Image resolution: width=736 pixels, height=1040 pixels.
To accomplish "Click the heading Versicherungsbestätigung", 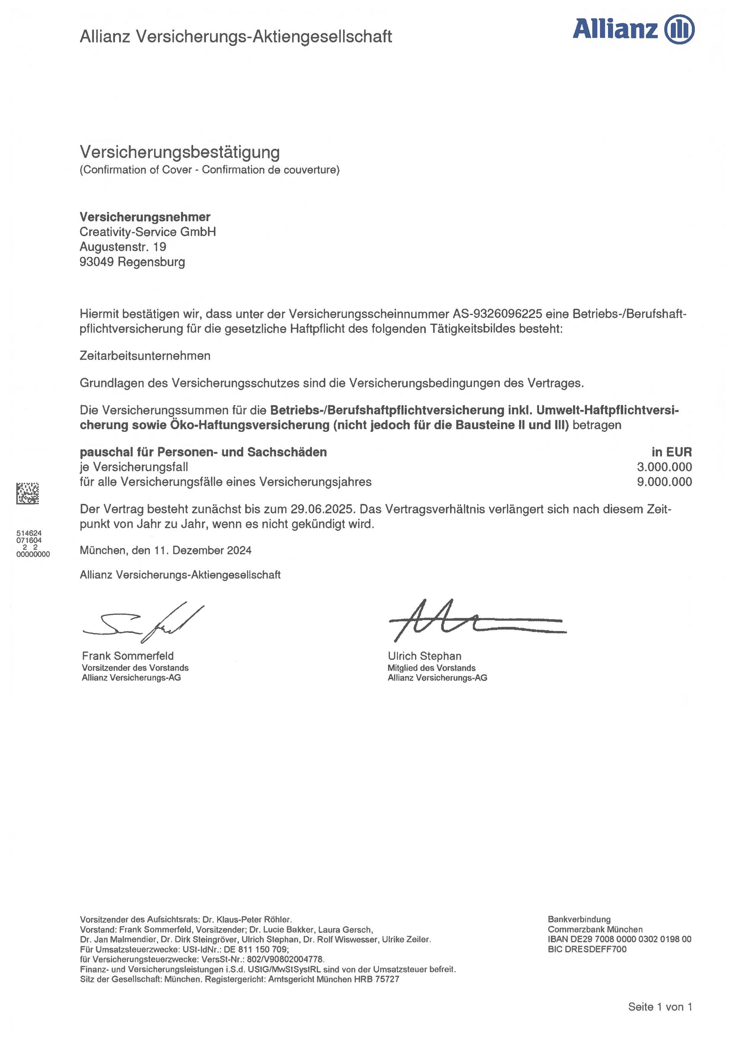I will pyautogui.click(x=179, y=152).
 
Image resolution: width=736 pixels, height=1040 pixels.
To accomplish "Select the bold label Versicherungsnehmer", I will pyautogui.click(x=145, y=217).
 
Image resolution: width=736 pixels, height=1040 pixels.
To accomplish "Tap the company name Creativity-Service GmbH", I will pyautogui.click(x=148, y=232).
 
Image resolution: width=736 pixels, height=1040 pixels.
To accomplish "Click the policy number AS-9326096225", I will pyautogui.click(x=497, y=314).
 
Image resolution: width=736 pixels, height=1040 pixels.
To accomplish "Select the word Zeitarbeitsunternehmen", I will pyautogui.click(x=145, y=355).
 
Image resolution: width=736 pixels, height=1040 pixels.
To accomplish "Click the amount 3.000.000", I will pyautogui.click(x=664, y=467).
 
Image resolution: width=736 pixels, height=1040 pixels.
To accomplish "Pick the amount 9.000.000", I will pyautogui.click(x=664, y=482).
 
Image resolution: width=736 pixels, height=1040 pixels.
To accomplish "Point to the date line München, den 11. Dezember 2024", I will pyautogui.click(x=166, y=550).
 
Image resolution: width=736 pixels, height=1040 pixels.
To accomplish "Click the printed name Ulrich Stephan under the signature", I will pyautogui.click(x=424, y=656).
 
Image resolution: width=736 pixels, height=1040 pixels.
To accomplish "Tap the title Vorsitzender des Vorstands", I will pyautogui.click(x=135, y=668).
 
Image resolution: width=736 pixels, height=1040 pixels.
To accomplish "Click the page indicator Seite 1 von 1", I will pyautogui.click(x=660, y=1007).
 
